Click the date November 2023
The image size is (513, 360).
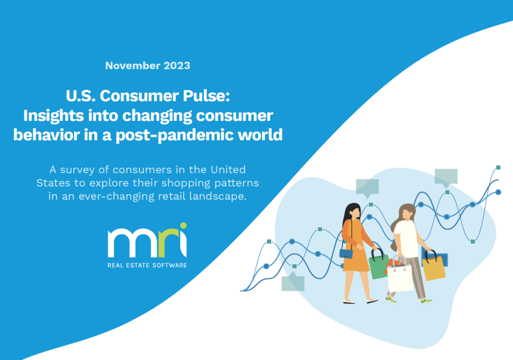pyautogui.click(x=148, y=65)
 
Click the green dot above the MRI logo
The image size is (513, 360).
pyautogui.click(x=183, y=226)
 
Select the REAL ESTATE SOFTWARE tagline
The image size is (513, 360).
pyautogui.click(x=147, y=265)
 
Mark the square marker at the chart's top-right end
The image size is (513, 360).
pyautogui.click(x=498, y=167)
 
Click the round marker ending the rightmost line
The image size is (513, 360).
pyautogui.click(x=498, y=192)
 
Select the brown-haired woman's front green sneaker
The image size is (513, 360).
pyautogui.click(x=426, y=301)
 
